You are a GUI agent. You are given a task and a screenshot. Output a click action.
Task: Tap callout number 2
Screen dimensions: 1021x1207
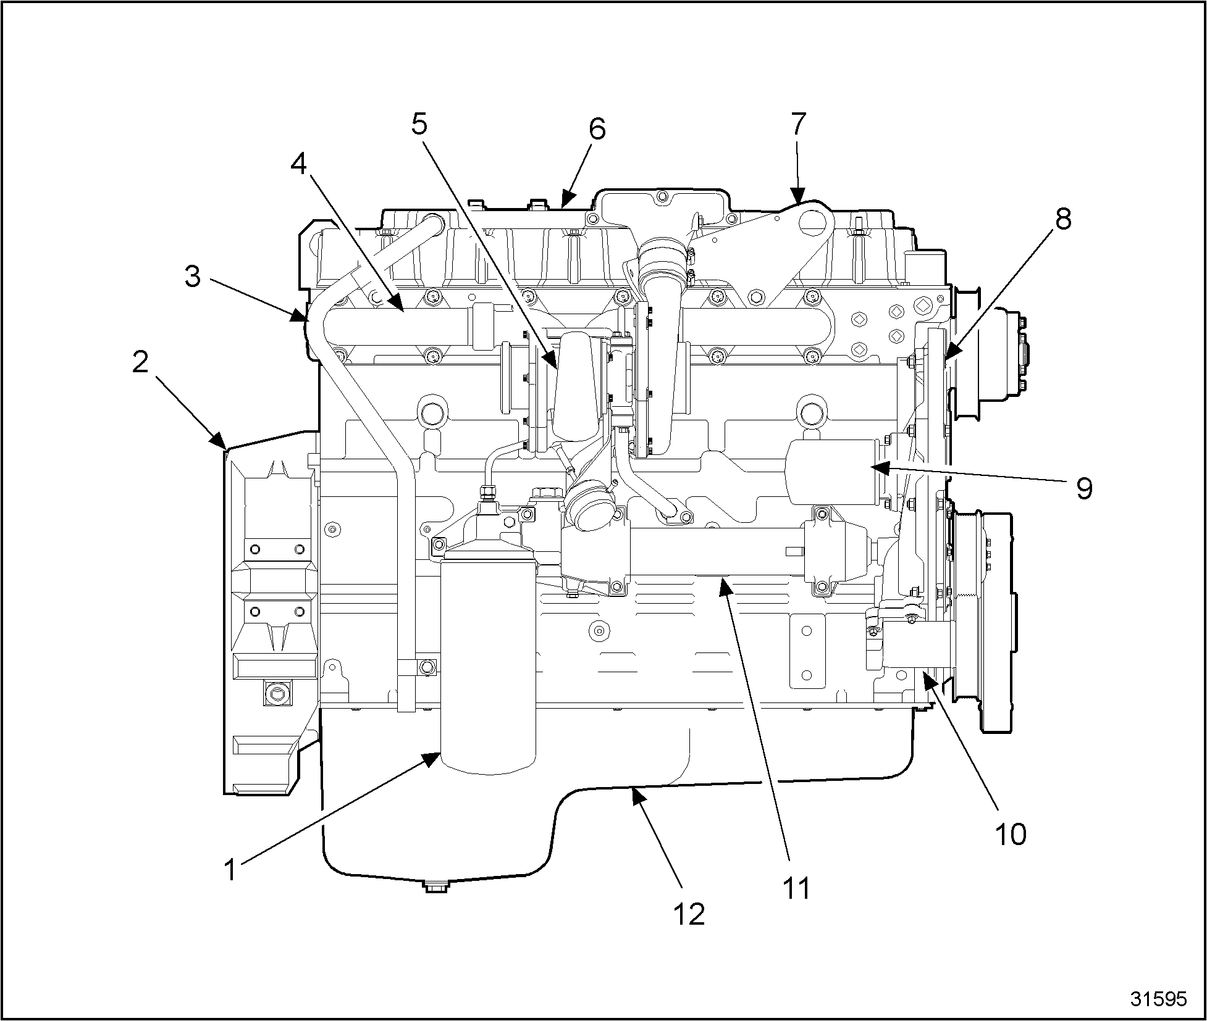coord(141,362)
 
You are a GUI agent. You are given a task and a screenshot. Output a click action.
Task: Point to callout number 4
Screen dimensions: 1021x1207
coord(299,164)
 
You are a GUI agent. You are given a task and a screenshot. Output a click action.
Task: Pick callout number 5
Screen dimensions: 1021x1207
coord(419,124)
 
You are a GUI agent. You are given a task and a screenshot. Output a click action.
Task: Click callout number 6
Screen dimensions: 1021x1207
coord(597,129)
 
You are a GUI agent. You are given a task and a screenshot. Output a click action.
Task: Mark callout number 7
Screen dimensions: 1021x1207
coord(798,124)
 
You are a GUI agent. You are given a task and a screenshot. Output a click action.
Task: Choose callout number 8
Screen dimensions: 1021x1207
coord(1062,219)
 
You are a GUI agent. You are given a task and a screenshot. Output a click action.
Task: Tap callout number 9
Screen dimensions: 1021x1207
coord(1084,488)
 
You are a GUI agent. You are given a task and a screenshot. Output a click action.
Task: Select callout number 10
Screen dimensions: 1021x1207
coord(1011,833)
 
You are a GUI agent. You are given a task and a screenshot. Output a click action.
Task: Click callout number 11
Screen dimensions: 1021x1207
coord(796,888)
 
